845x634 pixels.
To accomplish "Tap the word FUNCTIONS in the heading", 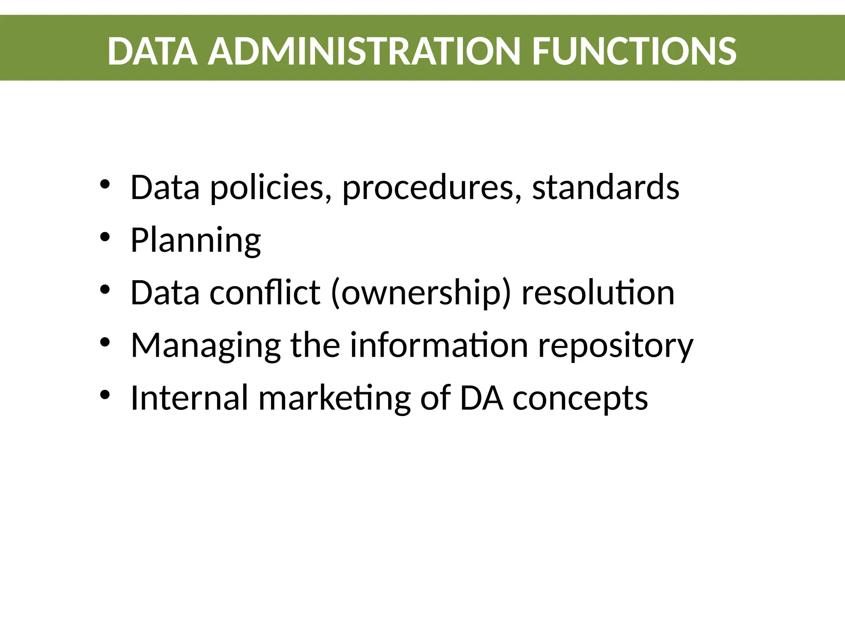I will click(x=634, y=51).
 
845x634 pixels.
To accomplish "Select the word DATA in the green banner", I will click(x=152, y=51).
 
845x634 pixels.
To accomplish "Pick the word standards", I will click(x=605, y=188).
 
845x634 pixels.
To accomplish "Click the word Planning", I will click(x=196, y=241).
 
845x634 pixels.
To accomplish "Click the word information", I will click(x=439, y=345).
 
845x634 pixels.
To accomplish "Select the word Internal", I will click(x=189, y=398).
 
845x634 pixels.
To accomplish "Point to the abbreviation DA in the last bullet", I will click(x=481, y=398).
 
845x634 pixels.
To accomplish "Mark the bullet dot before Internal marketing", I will click(x=105, y=395).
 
